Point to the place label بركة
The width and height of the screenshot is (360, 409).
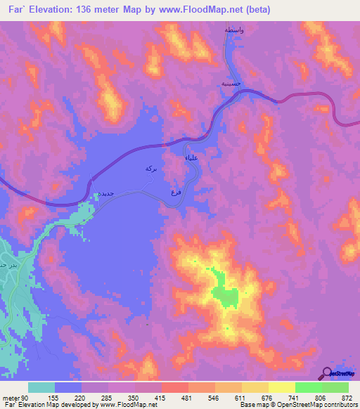tap(149, 169)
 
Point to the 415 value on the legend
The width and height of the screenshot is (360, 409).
tap(162, 397)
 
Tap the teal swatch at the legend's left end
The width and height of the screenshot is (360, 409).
tap(41, 387)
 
